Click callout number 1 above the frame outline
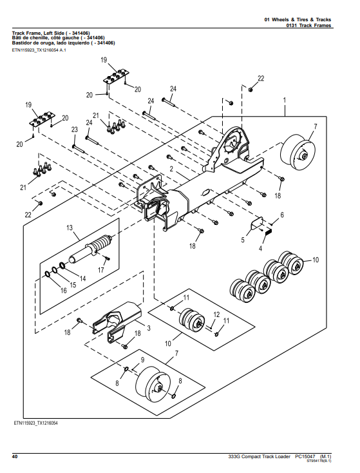284,100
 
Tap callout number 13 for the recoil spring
70,227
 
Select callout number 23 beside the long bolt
74,130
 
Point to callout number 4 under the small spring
261,248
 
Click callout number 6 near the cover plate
282,215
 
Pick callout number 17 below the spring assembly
100,270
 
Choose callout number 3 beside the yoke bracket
149,328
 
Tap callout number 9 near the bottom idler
142,360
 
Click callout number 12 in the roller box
216,314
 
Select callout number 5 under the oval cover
243,240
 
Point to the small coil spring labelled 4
269,232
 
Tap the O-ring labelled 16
48,274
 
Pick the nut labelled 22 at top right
251,90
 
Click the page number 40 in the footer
15,456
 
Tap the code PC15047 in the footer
305,456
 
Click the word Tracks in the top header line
323,19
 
